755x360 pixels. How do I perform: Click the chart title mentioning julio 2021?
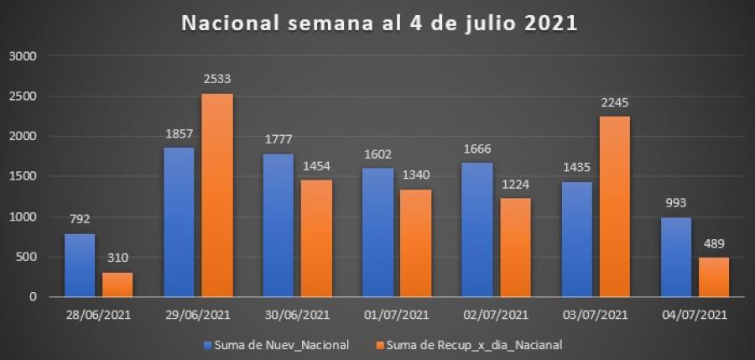click(380, 23)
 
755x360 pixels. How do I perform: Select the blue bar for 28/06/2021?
click(80, 265)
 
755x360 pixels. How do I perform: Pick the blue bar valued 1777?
click(279, 225)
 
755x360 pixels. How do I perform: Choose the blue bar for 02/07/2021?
click(476, 229)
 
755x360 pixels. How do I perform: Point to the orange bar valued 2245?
click(613, 206)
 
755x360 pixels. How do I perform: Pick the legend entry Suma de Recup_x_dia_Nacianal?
click(469, 343)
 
